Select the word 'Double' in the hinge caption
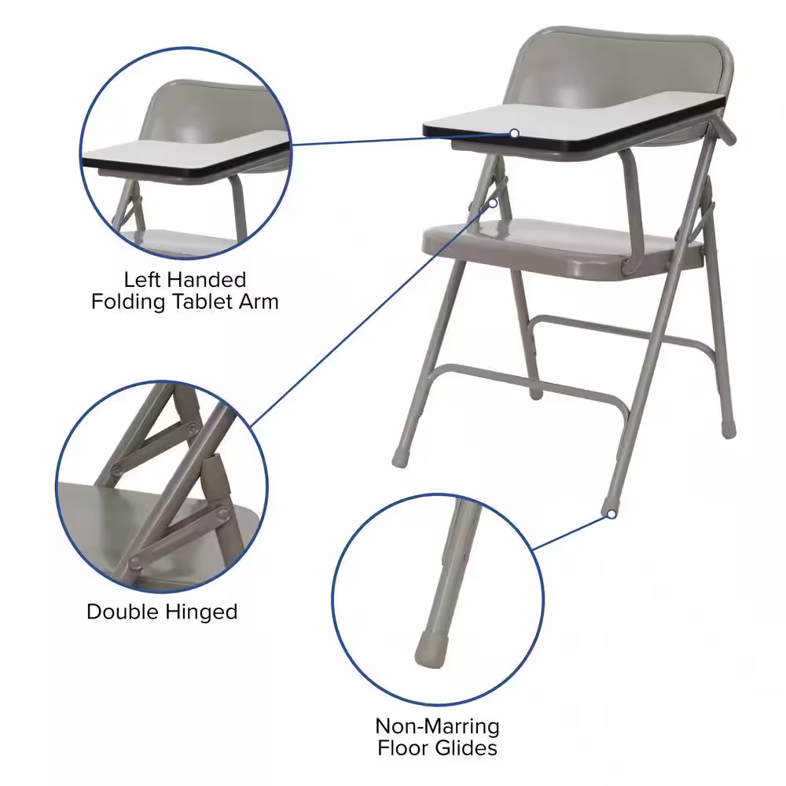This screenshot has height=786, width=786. tap(123, 612)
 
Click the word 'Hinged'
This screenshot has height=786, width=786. tap(201, 612)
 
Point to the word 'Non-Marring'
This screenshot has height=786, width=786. tap(437, 725)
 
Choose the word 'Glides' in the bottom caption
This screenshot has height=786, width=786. tap(465, 748)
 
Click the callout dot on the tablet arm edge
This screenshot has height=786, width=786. tap(514, 134)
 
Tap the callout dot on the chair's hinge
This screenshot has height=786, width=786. tap(493, 203)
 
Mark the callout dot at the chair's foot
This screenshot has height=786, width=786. tap(611, 514)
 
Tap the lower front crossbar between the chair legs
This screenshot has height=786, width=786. tap(527, 386)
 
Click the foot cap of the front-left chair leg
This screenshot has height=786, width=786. tap(400, 459)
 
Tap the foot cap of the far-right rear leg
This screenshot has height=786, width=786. tap(729, 430)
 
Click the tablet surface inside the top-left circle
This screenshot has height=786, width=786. tap(185, 150)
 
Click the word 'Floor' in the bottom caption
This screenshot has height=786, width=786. tap(404, 748)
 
